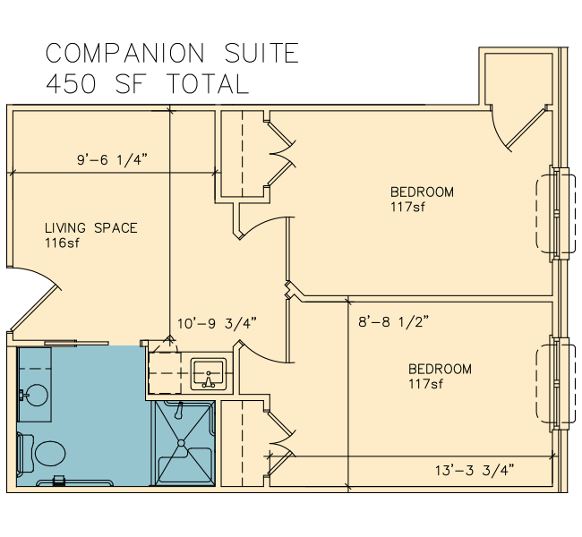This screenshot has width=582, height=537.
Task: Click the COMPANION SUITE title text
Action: click(172, 53)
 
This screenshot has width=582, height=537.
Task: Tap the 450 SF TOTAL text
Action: click(147, 83)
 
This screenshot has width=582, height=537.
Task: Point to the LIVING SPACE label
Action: click(91, 228)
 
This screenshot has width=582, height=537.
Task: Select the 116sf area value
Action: click(62, 243)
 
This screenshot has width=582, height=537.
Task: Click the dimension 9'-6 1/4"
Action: click(112, 160)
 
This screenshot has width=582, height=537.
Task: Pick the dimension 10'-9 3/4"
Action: click(218, 323)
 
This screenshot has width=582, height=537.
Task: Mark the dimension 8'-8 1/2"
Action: click(393, 321)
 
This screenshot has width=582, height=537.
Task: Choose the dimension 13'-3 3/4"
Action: click(475, 470)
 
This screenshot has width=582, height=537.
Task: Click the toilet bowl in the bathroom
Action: click(50, 453)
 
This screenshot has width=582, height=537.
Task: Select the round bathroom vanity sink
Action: click(36, 395)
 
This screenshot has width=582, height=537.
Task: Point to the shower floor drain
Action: click(181, 443)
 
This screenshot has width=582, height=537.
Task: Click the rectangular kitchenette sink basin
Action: click(209, 374)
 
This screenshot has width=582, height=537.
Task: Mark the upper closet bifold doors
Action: click(281, 153)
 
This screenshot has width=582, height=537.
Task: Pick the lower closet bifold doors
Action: click(281, 443)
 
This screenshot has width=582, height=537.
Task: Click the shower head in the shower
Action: click(180, 410)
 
